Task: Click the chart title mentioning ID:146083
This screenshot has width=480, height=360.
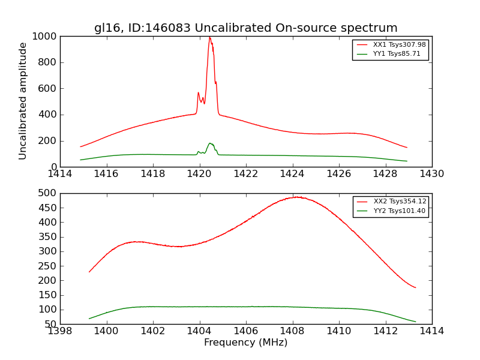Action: click(245, 28)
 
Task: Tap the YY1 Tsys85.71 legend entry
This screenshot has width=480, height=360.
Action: click(397, 53)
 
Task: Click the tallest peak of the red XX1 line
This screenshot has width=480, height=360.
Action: click(209, 37)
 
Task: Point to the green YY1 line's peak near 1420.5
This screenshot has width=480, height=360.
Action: click(210, 143)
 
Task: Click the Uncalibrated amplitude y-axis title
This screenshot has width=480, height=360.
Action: click(23, 101)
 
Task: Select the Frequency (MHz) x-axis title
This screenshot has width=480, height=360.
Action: click(245, 343)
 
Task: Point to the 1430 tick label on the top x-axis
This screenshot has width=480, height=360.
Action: click(431, 174)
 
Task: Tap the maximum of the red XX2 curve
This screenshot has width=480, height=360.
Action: click(296, 197)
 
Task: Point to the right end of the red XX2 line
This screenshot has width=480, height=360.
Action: click(415, 287)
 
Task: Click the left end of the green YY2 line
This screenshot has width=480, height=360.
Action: click(89, 319)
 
